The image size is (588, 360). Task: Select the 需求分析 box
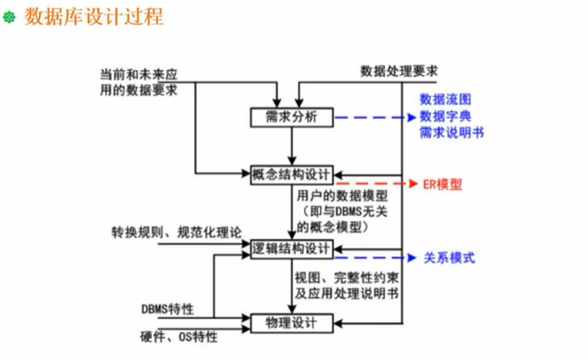tap(291, 118)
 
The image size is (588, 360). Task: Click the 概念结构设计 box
tap(291, 174)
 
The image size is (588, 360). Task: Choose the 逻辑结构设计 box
tap(291, 249)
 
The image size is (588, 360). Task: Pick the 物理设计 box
tap(291, 323)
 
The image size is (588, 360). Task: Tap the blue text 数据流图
tap(445, 100)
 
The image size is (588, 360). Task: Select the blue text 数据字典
tap(445, 115)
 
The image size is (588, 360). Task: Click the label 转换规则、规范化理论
tap(176, 233)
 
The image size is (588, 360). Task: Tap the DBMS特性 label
tap(167, 309)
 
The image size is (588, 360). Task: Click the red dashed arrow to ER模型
tap(373, 184)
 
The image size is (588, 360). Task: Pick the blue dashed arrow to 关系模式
tap(373, 258)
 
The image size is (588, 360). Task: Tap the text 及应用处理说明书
tap(346, 293)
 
